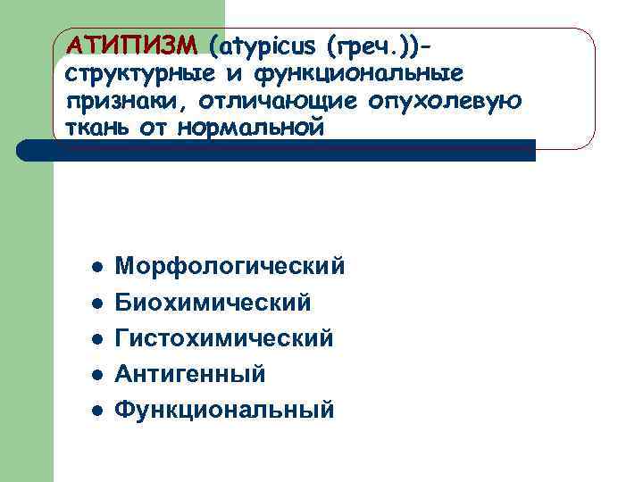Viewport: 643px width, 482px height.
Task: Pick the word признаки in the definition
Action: pyautogui.click(x=124, y=100)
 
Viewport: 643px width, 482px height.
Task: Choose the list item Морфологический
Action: pyautogui.click(x=230, y=267)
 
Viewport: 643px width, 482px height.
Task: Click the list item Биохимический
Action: pyautogui.click(x=213, y=303)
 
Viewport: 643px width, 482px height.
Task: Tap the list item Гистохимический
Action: pyautogui.click(x=224, y=338)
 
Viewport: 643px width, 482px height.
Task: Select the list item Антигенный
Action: pyautogui.click(x=190, y=374)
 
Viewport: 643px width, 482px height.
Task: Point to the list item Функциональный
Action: pyautogui.click(x=225, y=410)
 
